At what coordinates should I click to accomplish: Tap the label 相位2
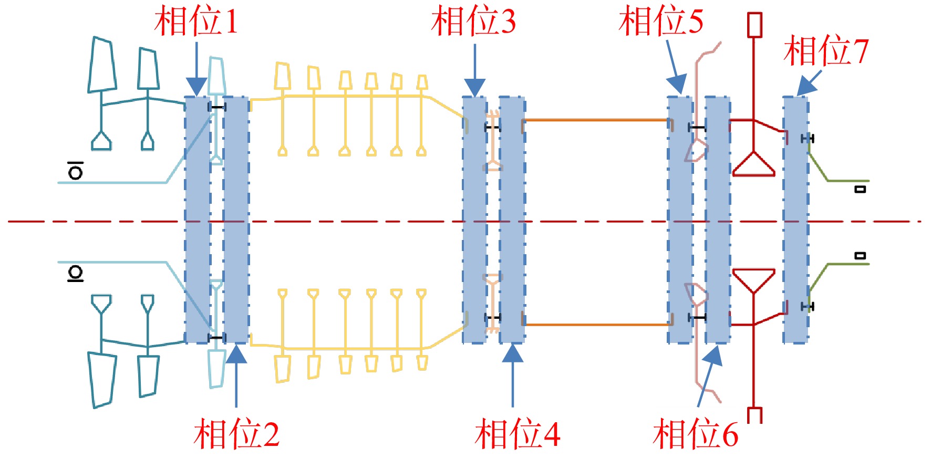[x=236, y=434]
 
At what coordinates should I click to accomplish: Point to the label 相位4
[x=518, y=434]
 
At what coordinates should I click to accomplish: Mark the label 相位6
[x=696, y=434]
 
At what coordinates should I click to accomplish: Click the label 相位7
[x=826, y=51]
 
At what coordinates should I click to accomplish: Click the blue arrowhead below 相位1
[x=197, y=87]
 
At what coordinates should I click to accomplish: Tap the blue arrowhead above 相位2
[x=236, y=354]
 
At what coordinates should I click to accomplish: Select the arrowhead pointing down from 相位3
[x=475, y=88]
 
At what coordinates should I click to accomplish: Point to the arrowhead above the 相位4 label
[x=513, y=353]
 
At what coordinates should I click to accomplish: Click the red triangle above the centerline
[x=754, y=164]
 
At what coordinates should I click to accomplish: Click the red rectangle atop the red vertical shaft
[x=755, y=25]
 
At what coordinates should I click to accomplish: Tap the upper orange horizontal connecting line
[x=596, y=120]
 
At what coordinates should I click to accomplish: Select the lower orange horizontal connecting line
[x=596, y=325]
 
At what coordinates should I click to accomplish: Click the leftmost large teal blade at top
[x=102, y=65]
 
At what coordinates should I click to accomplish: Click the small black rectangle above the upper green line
[x=860, y=189]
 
